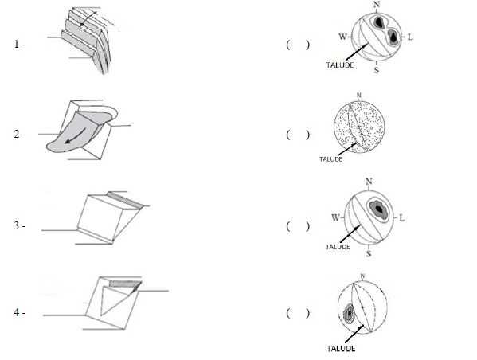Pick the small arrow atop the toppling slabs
tap(88, 18)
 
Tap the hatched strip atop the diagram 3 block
tap(125, 200)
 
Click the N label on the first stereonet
tap(377, 5)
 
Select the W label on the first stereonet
tap(342, 37)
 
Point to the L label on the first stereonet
tap(410, 37)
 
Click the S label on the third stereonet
tap(369, 253)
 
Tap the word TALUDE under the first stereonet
tap(340, 65)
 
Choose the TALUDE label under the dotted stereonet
tap(330, 159)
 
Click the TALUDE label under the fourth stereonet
tap(341, 348)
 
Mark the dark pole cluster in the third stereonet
tap(378, 209)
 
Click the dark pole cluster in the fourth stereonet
tap(349, 313)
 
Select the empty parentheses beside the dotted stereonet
tap(298, 135)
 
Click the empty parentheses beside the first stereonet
tap(298, 45)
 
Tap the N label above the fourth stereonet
tap(362, 276)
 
